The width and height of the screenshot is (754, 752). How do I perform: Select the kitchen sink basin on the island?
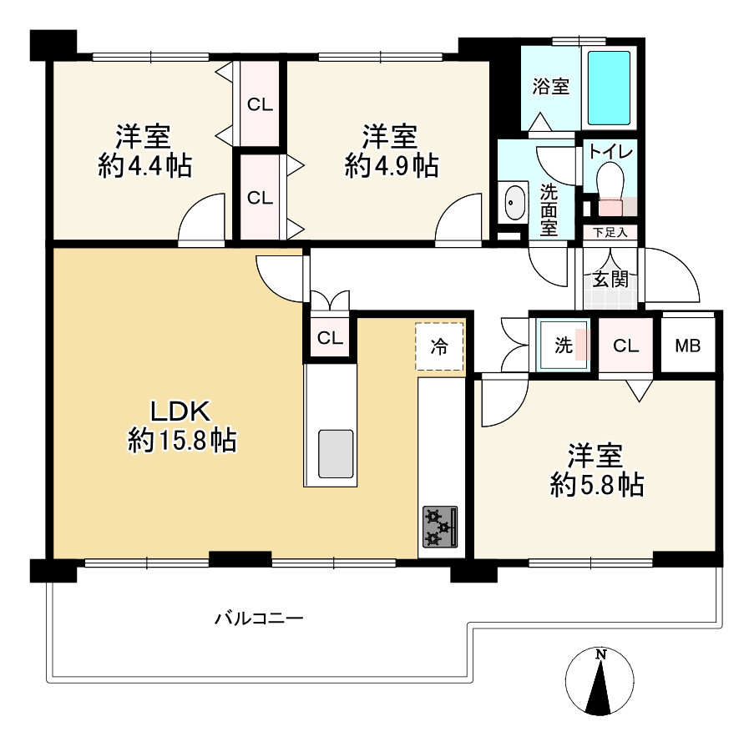point(336,454)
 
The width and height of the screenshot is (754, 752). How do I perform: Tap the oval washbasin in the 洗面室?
point(514,202)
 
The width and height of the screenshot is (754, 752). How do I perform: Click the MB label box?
point(688,346)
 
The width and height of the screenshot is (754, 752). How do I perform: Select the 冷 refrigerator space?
point(439,346)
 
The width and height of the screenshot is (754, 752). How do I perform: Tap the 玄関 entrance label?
point(610,279)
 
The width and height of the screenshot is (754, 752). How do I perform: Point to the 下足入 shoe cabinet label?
point(610,233)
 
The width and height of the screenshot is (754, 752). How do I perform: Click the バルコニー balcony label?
point(259,618)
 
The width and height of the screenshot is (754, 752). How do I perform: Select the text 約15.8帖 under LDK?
point(182,441)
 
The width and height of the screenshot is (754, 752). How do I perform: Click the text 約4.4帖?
point(144,166)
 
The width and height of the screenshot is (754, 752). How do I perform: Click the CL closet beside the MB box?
point(625,345)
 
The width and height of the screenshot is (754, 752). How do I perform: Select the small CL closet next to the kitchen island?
point(330,338)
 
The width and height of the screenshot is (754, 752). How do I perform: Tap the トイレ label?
point(610,152)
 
